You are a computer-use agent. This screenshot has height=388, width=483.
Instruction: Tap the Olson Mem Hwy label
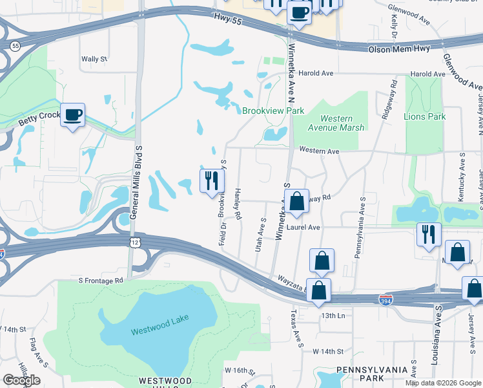396,49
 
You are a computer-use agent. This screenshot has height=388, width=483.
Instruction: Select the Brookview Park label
272,111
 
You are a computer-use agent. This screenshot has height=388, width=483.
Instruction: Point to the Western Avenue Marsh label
333,123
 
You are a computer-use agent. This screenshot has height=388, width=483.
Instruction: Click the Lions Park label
424,116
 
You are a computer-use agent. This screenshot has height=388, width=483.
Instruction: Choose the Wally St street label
94,59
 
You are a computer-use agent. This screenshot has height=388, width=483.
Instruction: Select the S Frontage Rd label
101,281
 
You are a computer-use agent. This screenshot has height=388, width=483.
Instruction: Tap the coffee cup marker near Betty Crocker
72,115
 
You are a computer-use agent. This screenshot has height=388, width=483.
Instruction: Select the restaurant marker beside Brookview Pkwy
211,180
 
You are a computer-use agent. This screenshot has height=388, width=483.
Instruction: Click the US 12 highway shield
134,241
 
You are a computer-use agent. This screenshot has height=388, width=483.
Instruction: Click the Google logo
21,380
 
